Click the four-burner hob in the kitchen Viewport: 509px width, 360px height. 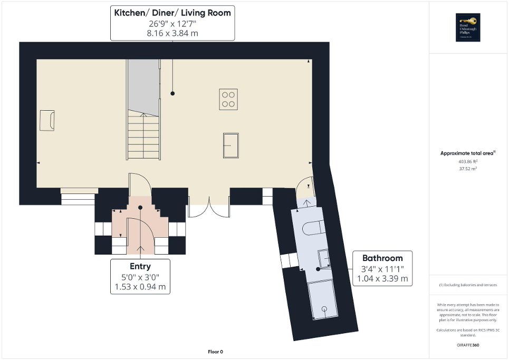point(228,99)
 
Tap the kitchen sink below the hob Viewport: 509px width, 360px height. point(231,144)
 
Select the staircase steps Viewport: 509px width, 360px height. point(143,137)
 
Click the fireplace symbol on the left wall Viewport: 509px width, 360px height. point(47,120)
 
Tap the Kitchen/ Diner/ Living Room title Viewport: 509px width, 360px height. point(172,13)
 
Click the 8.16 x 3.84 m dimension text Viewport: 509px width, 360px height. point(172,33)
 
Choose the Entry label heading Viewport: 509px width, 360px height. point(140,266)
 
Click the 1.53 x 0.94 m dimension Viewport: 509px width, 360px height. point(140,287)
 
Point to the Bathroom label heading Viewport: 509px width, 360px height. point(382,258)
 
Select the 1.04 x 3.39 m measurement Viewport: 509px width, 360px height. point(382,278)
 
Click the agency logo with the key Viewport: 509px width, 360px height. point(468,27)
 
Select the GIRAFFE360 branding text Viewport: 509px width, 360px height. point(468,345)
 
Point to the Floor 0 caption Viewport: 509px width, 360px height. point(215,352)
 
